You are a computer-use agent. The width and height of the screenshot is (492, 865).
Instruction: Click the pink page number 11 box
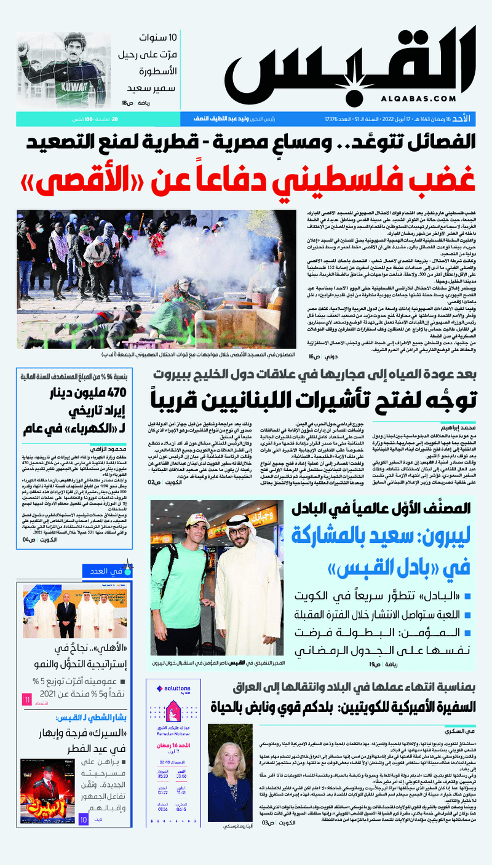click(x=26, y=700)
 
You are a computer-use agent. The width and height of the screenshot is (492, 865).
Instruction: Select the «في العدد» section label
click(x=105, y=571)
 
